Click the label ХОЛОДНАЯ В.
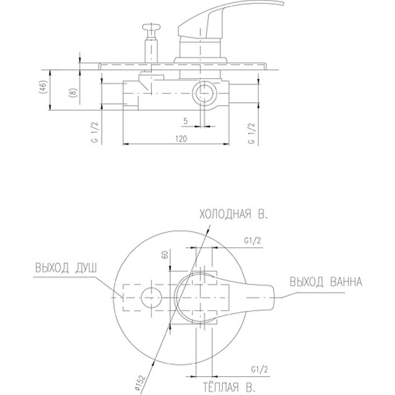click(x=234, y=215)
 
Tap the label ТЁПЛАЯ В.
click(x=231, y=387)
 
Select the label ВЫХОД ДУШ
click(x=66, y=268)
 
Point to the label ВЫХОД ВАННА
click(x=326, y=281)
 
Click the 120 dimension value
click(x=181, y=139)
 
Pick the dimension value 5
click(x=186, y=121)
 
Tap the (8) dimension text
click(x=72, y=92)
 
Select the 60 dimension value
click(x=165, y=254)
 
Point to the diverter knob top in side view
click(x=151, y=28)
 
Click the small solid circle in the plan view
click(x=151, y=297)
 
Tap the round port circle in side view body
click(x=201, y=93)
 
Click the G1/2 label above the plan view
click(x=252, y=241)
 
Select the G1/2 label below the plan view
click(x=260, y=370)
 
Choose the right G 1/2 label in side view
click(x=252, y=133)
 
